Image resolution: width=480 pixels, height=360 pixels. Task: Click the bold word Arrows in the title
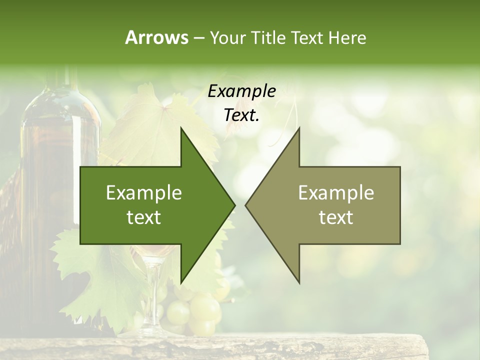[x=156, y=37]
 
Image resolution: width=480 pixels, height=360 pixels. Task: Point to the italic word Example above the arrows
[x=241, y=91]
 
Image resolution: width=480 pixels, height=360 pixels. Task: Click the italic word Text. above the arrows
[x=241, y=115]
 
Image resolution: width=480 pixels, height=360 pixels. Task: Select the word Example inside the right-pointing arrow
[x=144, y=192]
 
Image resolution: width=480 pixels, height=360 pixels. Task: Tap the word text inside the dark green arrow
[x=144, y=217]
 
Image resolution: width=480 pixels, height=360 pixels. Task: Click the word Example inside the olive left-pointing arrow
[x=336, y=192]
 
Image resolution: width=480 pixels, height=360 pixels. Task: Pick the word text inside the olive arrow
[x=336, y=217]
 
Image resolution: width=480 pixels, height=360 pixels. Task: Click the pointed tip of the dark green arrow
[x=234, y=205]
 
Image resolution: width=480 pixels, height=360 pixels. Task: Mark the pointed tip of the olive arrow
[x=246, y=205]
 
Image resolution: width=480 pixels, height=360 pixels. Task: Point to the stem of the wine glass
[x=152, y=295]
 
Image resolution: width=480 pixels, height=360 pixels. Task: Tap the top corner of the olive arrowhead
[x=299, y=128]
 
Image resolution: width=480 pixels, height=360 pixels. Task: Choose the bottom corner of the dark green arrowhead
[x=181, y=282]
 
